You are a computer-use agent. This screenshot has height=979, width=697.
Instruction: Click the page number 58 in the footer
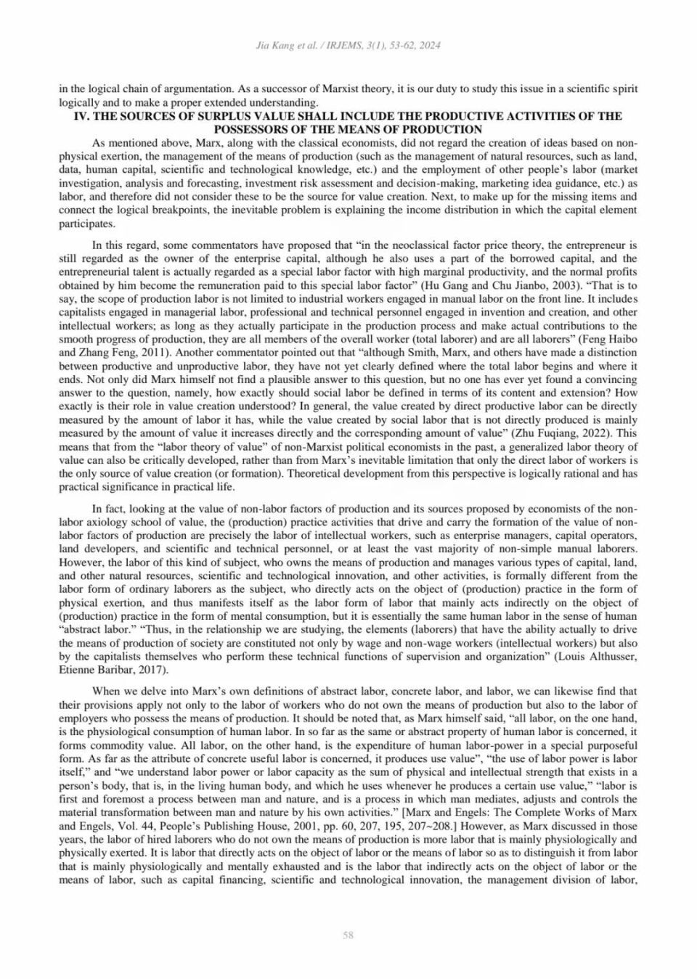pos(348,935)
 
